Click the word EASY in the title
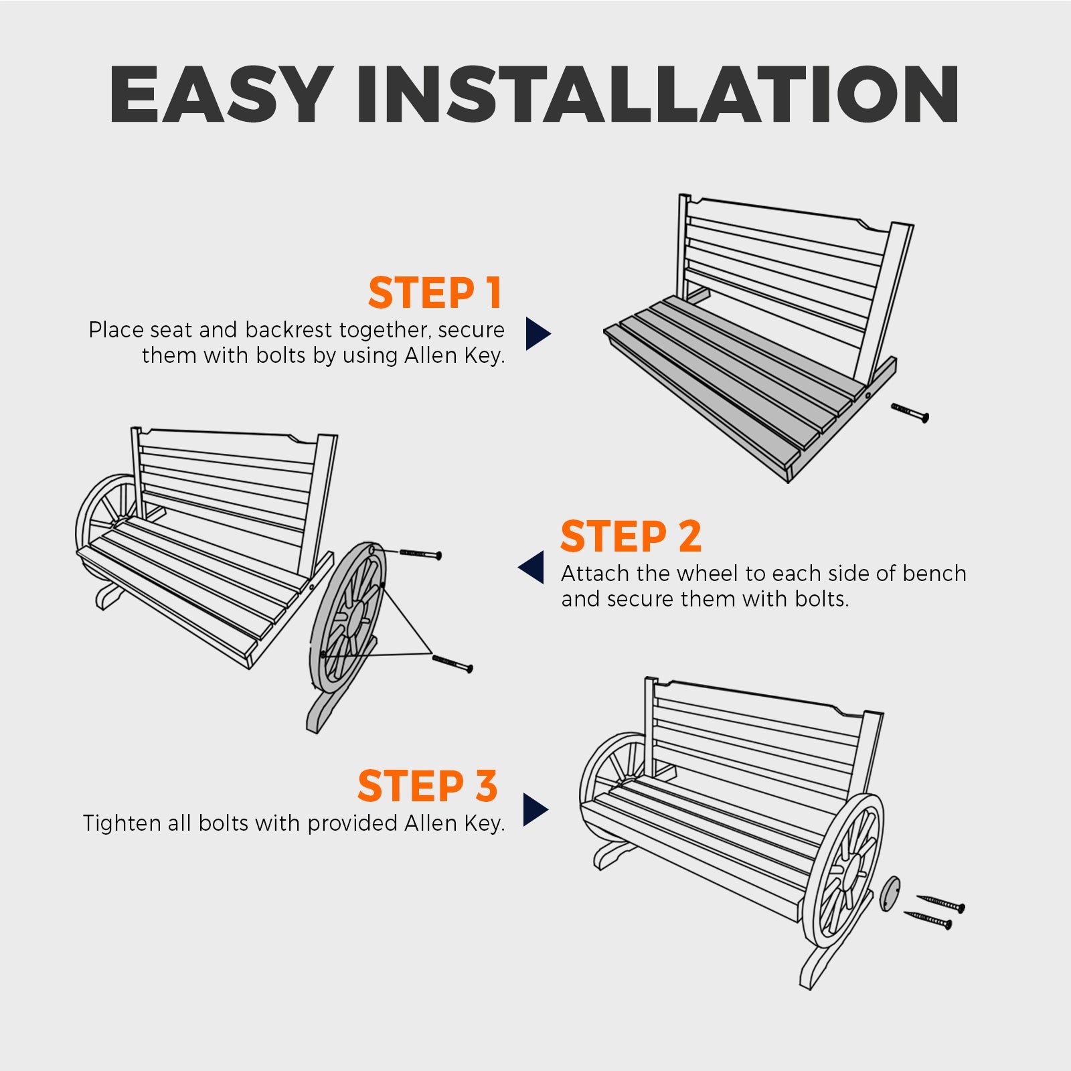click(x=221, y=94)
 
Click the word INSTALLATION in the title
click(x=658, y=94)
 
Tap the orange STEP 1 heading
click(x=435, y=293)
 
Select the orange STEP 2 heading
click(x=631, y=536)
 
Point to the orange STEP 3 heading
click(x=428, y=786)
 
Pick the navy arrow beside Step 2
click(x=531, y=568)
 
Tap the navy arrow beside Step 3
click(x=535, y=810)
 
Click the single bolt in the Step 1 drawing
click(x=910, y=413)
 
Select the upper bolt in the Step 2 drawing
click(x=420, y=554)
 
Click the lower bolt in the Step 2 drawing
click(x=452, y=663)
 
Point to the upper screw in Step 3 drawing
click(x=941, y=903)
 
